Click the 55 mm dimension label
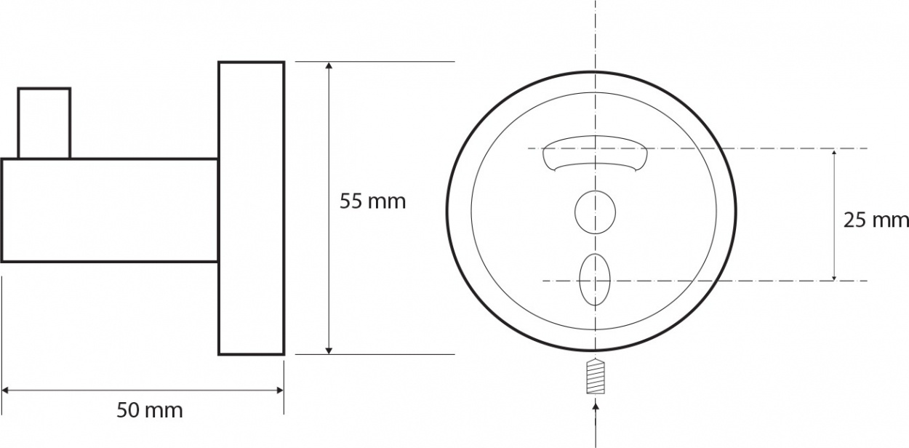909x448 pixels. tap(372, 201)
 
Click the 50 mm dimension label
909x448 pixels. tap(150, 410)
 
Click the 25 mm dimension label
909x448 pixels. tap(876, 220)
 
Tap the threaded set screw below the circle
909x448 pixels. tap(596, 377)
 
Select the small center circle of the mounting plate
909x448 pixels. tap(595, 212)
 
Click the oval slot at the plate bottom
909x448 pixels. tap(595, 279)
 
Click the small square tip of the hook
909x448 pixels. tap(44, 123)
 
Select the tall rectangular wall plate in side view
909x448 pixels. tap(252, 208)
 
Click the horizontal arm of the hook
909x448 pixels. tap(110, 211)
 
